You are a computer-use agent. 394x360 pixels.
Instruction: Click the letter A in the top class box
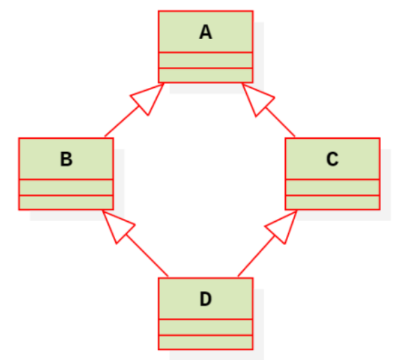[x=206, y=32]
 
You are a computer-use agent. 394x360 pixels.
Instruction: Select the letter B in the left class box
[x=66, y=159]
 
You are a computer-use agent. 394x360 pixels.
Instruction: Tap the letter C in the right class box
[x=333, y=159]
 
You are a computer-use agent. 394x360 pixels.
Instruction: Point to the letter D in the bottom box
[x=206, y=299]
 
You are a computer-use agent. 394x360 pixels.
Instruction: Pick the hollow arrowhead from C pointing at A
[x=257, y=98]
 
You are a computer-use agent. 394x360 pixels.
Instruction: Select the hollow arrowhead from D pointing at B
[x=117, y=225]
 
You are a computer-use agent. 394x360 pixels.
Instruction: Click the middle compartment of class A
[x=206, y=60]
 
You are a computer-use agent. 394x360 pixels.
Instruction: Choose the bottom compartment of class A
[x=206, y=75]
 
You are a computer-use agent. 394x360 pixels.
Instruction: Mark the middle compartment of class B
[x=66, y=187]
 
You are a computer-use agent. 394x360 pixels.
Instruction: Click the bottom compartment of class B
[x=66, y=202]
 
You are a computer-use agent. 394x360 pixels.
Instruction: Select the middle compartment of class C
[x=333, y=187]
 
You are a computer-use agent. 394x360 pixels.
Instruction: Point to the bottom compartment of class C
[x=333, y=202]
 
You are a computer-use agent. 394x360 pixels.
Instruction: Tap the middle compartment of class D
[x=206, y=327]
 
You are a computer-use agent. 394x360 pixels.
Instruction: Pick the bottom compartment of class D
[x=206, y=342]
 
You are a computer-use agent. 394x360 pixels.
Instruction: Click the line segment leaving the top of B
[x=121, y=121]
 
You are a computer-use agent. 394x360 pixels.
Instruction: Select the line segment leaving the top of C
[x=280, y=122]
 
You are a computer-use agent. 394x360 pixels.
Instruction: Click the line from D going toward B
[x=146, y=255]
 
